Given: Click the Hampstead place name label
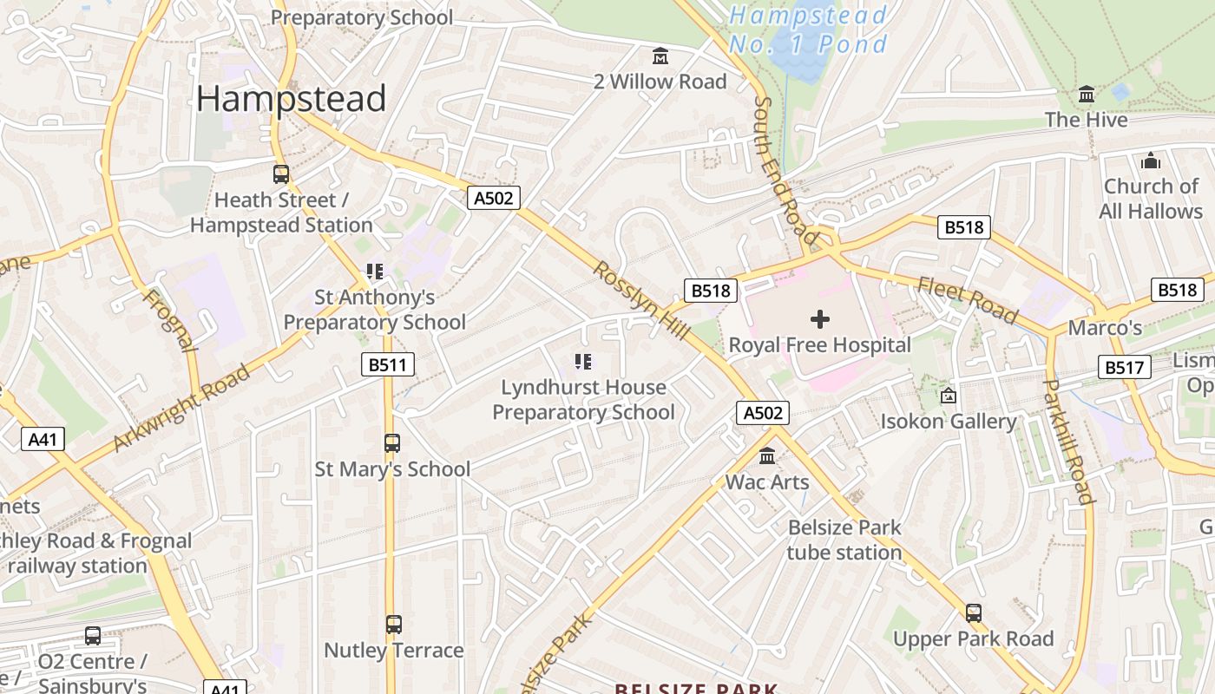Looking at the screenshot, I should pos(291,99).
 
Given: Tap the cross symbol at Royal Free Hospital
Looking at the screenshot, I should pos(819,319).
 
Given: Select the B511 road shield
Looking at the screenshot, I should pos(387,364).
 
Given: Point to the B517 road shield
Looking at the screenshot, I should pos(1124,368).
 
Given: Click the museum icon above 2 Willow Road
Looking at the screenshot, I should pos(660,56).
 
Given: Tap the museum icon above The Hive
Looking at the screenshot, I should pos(1087,94).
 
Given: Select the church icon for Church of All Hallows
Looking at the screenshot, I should pos(1151,160).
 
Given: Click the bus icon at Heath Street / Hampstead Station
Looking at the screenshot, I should pos(281,173).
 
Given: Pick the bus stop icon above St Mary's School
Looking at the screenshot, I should pos(392,443).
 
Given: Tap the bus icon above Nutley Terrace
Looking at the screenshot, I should pos(394,624).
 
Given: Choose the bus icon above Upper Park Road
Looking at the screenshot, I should pos(974,612).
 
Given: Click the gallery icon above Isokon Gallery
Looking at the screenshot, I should pos(949,396).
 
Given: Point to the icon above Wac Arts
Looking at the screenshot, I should pos(767,456).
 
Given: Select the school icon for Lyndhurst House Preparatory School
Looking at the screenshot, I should pos(583,361).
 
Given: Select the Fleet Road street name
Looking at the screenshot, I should pos(967,298).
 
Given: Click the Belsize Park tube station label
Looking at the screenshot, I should pos(844,540).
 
